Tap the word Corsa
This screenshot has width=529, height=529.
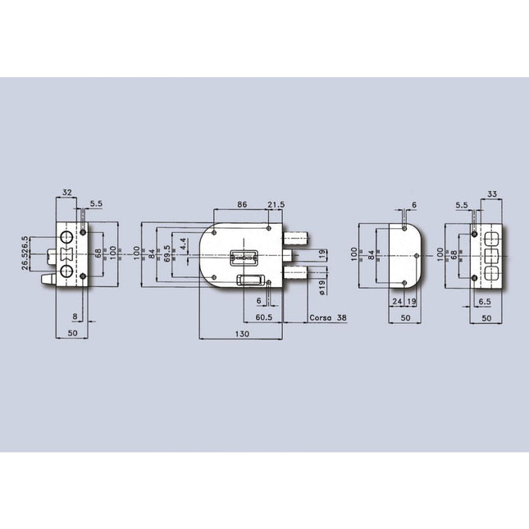(x=320, y=317)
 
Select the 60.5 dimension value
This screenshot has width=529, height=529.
(x=265, y=317)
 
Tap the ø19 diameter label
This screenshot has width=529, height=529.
(x=322, y=285)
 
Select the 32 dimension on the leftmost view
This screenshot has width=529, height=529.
(x=67, y=194)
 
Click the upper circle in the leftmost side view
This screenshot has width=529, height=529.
(x=65, y=239)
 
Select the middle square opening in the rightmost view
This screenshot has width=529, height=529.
(x=493, y=255)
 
